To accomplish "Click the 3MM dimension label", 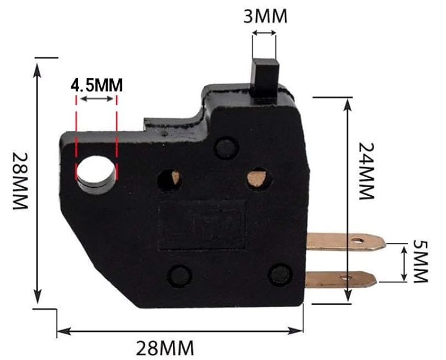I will (x=265, y=16).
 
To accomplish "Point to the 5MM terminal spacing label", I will (x=420, y=262).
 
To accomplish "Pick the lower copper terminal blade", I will (x=341, y=278).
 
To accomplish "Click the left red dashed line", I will (x=76, y=137).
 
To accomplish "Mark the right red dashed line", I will (x=116, y=137).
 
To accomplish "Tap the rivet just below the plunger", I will (x=226, y=147).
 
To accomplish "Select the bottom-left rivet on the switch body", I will (x=180, y=276).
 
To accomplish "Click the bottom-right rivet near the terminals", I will (x=279, y=274).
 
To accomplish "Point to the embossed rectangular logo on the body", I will (x=203, y=224).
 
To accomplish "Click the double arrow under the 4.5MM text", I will (x=96, y=99).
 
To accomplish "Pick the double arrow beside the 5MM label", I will (x=403, y=262).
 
